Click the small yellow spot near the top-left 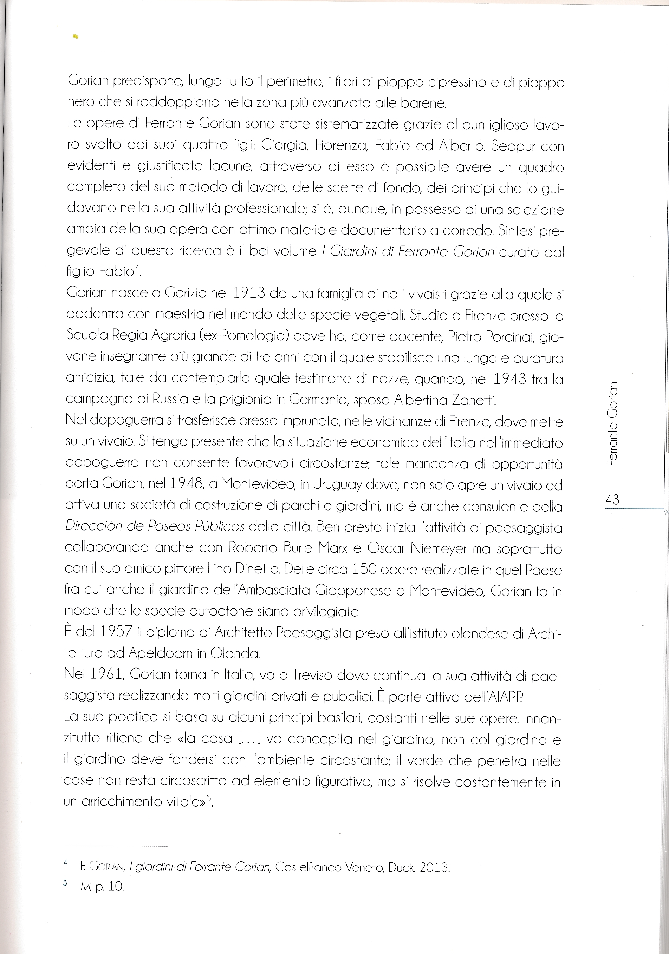click(75, 37)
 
